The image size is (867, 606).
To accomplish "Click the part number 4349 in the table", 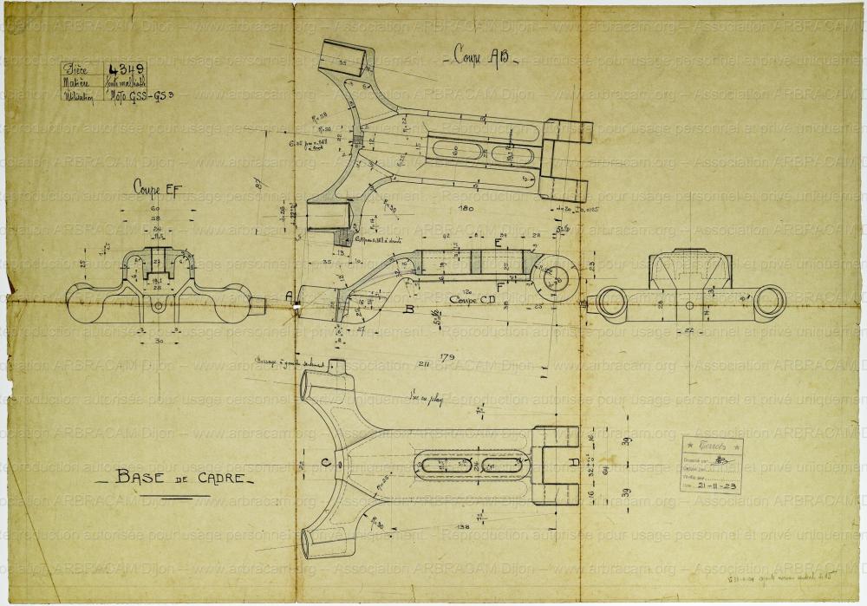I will [x=127, y=69].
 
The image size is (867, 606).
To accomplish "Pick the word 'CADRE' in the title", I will [x=217, y=479].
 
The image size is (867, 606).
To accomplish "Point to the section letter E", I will [x=498, y=244].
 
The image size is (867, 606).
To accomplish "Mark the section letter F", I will [x=500, y=287].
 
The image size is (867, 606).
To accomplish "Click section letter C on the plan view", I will [x=325, y=464].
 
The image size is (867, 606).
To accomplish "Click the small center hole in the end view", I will [x=689, y=305].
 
